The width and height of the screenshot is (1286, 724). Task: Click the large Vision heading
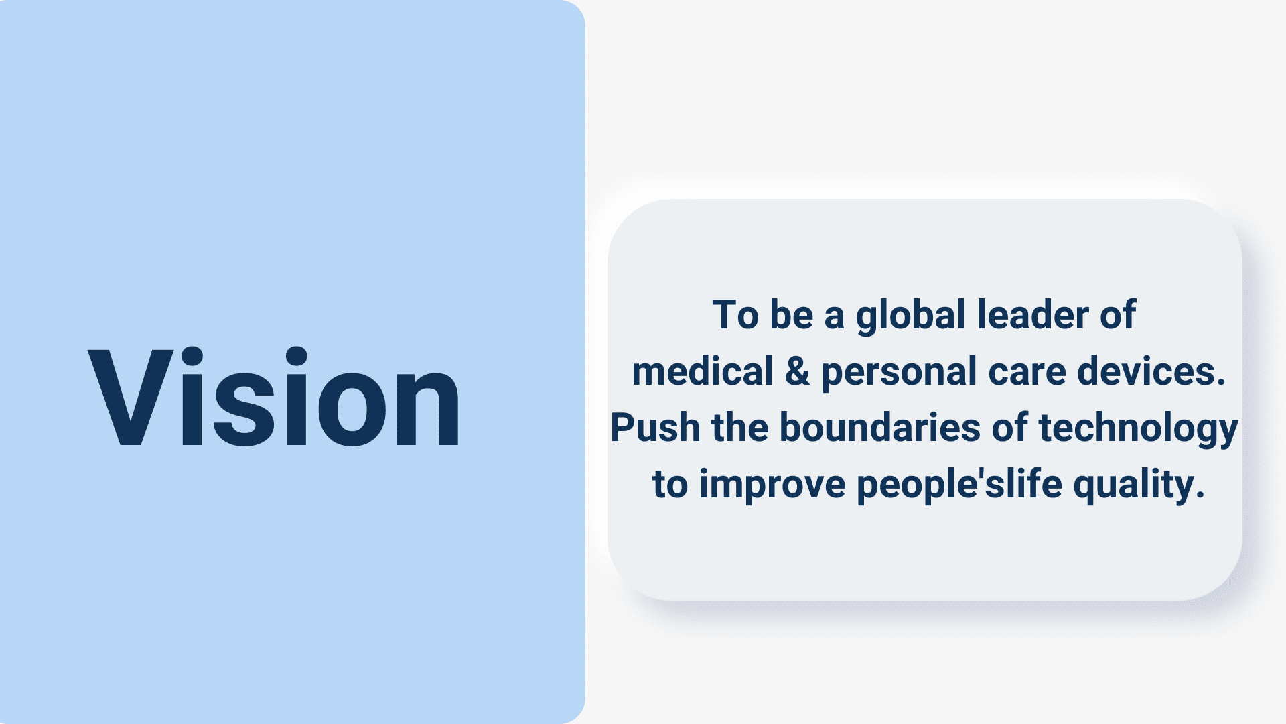pos(274,396)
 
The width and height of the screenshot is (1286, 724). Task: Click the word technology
pos(1138,429)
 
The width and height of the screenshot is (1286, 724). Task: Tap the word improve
pos(772,485)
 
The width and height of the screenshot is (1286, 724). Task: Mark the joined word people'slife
pos(960,485)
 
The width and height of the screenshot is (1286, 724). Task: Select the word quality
pos(1139,485)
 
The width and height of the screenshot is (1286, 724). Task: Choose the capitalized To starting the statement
pos(735,315)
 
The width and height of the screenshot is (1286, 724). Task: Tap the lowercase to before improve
pos(670,485)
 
